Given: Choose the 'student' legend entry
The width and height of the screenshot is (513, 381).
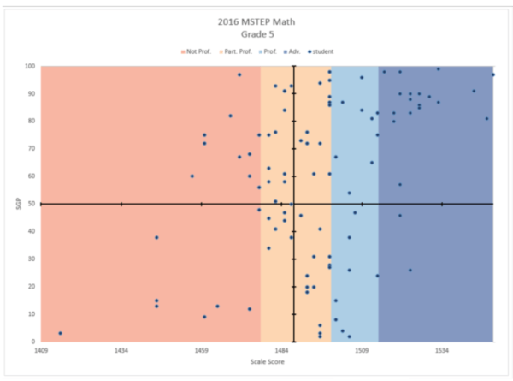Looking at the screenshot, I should coord(324,52).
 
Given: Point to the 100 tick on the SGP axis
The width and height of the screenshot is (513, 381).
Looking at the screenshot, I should coord(31,67).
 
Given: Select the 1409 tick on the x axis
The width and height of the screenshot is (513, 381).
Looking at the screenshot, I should coord(40,351).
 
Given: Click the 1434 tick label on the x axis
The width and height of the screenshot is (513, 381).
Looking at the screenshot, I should coord(121,351).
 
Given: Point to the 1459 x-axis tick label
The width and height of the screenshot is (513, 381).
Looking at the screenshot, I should coord(201,351).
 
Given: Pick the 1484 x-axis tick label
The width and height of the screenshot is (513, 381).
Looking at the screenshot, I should coord(281,351).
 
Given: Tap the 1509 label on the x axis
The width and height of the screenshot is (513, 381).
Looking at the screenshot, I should coord(362,351).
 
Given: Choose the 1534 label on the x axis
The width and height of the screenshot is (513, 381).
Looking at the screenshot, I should coord(442,351).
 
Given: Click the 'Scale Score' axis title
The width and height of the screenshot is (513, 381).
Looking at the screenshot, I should coord(266,364).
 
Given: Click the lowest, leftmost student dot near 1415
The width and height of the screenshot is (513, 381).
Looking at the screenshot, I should coord(60,333).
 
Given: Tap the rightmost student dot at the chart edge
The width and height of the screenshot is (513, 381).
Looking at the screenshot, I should coord(492,75).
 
